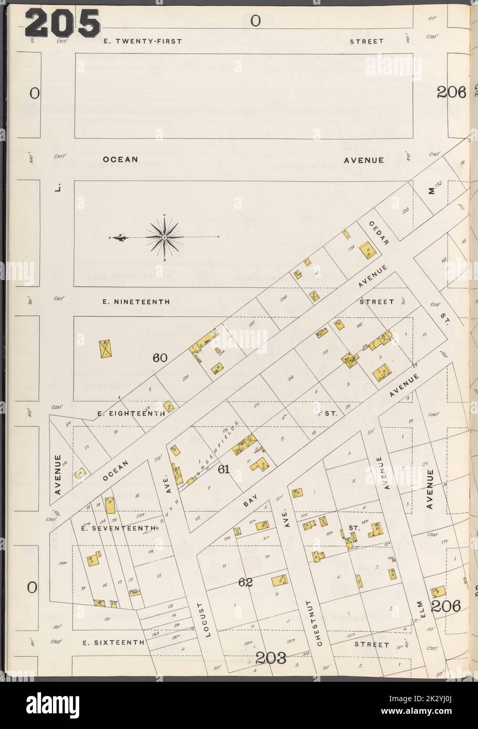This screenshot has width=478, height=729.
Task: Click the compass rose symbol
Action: click(x=165, y=238)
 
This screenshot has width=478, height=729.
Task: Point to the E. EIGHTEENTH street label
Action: click(x=132, y=413)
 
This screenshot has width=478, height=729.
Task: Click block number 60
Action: click(x=160, y=358)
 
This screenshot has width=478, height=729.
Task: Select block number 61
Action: click(x=224, y=469)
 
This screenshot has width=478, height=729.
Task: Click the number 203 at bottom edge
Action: click(x=271, y=658)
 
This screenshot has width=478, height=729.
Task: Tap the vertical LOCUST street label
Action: click(x=207, y=619)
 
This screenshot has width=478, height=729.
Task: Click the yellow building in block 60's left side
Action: click(x=107, y=348)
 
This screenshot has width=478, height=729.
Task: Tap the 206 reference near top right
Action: click(x=451, y=93)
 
